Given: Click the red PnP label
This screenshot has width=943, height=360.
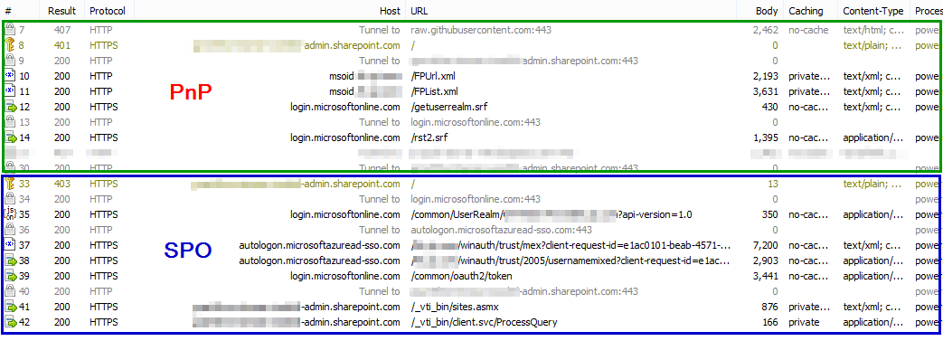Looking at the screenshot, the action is coord(198,92).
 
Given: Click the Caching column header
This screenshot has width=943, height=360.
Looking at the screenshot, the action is coord(806,11).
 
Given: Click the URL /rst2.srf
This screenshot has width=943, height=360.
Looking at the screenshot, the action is coord(429,137).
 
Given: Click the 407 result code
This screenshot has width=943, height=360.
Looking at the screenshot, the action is coord(63,30).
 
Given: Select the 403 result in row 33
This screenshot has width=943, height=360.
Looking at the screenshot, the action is coord(63,184).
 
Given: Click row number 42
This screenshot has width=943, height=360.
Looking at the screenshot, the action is coord(24,322).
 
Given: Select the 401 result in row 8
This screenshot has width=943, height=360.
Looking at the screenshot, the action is coord(63,45).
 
